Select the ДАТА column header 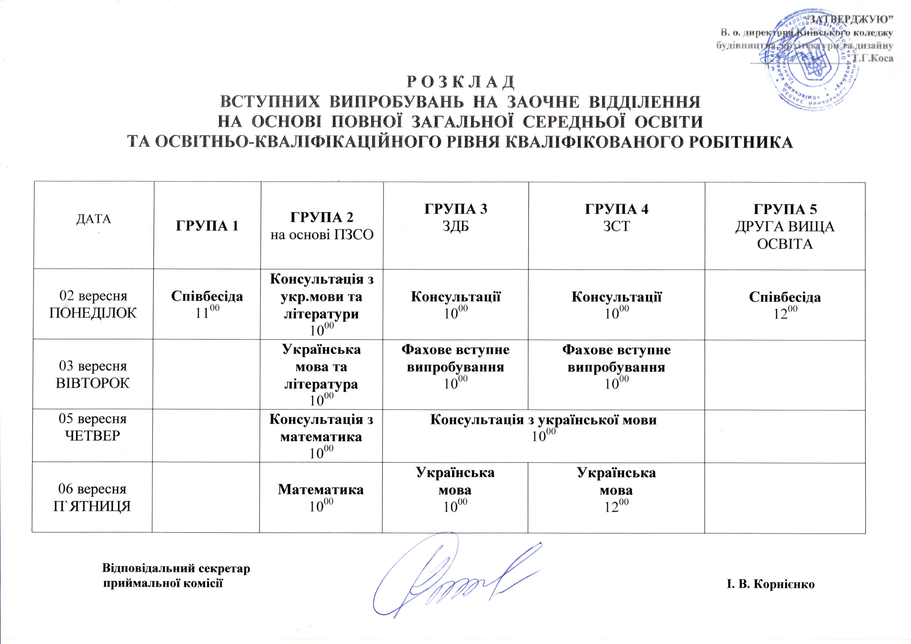pos(94,218)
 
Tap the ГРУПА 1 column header pos(207,226)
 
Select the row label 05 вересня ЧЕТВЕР pos(93,427)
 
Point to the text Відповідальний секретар pos(176,568)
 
